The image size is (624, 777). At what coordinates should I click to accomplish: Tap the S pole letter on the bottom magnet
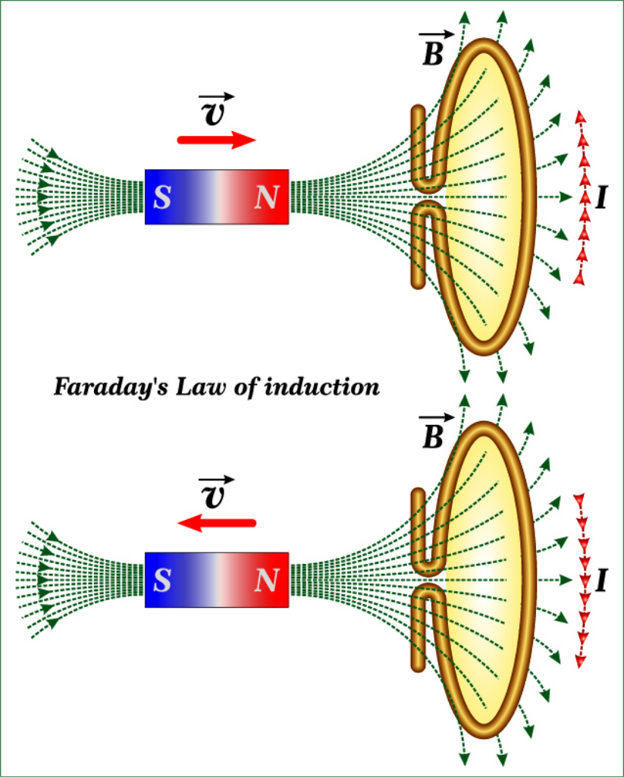pos(161,580)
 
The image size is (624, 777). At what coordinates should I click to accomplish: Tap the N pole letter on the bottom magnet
pos(266,580)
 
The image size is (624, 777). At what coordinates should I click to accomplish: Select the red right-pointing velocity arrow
pos(217,140)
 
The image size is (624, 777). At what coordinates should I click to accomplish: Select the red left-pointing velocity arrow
pos(217,522)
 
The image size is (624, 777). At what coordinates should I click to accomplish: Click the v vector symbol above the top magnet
pos(215,111)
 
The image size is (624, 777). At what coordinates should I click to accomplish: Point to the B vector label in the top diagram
pos(434,51)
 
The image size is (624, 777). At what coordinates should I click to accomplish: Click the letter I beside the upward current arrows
pos(601,198)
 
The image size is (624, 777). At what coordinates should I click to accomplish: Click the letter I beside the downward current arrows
pos(601,580)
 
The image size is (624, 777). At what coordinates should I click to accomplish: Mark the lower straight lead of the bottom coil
pos(417,637)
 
